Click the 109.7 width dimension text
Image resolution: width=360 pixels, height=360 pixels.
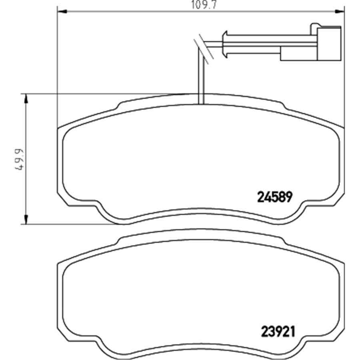[200, 5]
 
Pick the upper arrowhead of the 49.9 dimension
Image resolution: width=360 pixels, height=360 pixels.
[26, 98]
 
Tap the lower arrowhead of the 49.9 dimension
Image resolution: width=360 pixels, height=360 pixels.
[26, 220]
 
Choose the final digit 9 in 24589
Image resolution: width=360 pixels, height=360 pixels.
[290, 196]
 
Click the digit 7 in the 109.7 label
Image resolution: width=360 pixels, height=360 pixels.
[208, 5]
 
